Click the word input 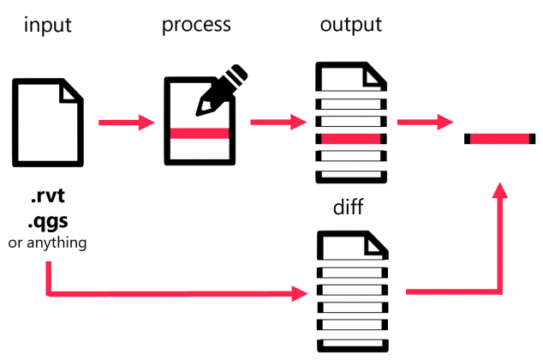(48, 25)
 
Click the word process (196, 25)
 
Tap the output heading (350, 25)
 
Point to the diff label (349, 208)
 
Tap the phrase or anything (47, 243)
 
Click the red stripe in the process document (200, 133)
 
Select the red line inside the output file (350, 138)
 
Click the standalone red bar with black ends (500, 139)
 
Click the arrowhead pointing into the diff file (301, 294)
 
